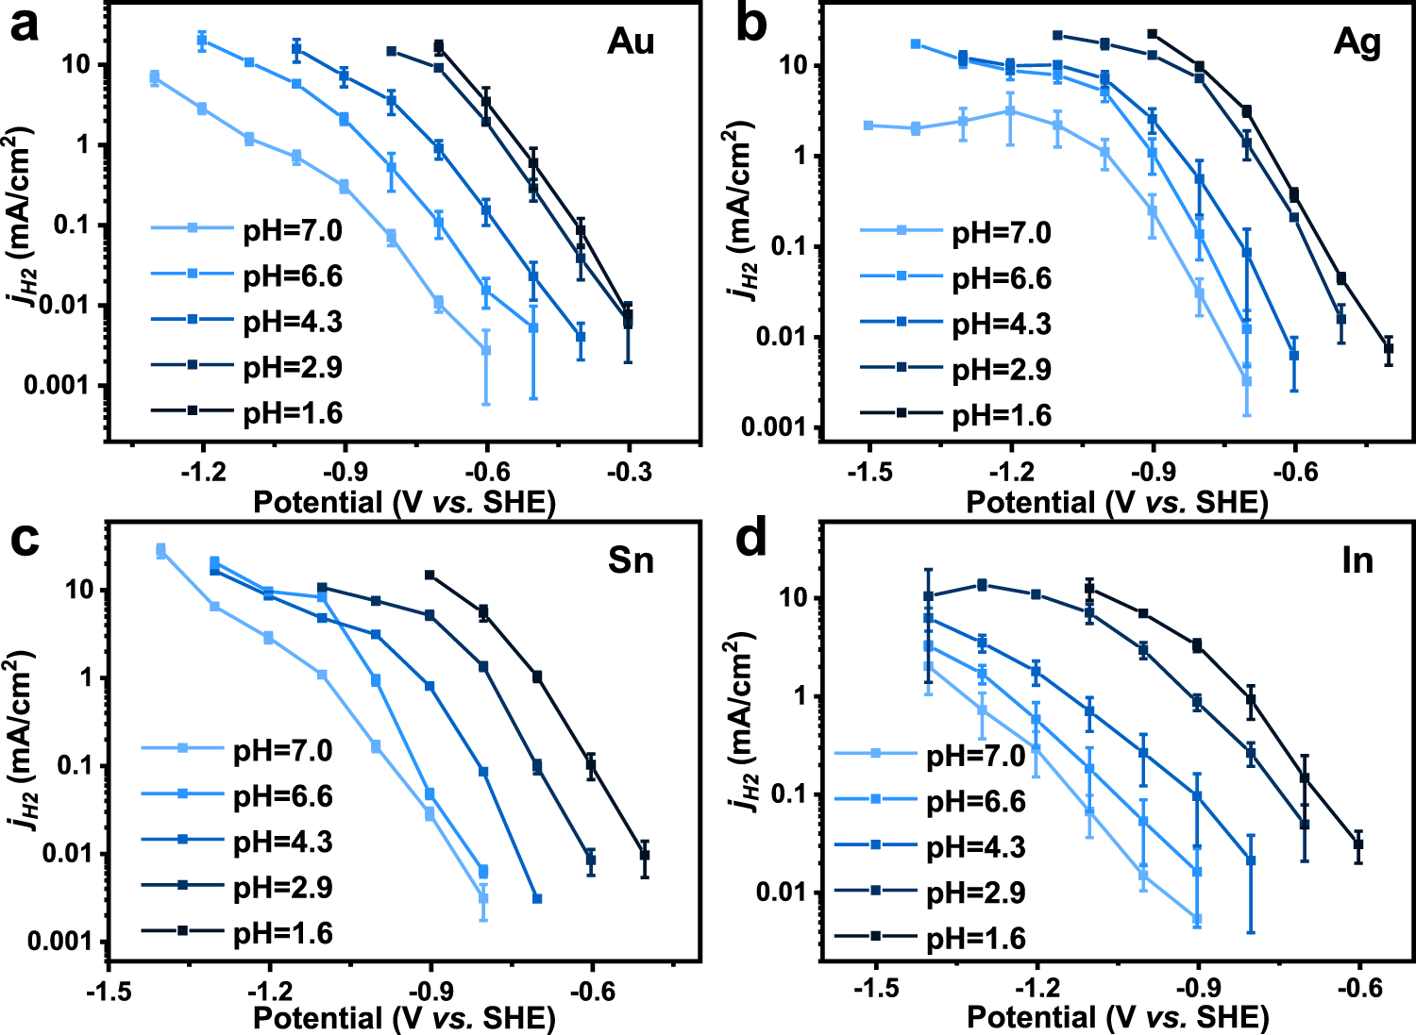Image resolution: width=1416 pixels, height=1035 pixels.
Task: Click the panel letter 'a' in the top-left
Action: click(x=25, y=26)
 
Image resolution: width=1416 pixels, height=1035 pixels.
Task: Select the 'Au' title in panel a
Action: click(x=631, y=42)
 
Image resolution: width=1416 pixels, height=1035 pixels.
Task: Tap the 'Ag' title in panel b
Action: click(x=1357, y=42)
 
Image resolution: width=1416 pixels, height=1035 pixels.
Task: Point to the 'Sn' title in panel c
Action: click(x=631, y=560)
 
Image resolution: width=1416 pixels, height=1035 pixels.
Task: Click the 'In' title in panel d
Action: click(x=1357, y=560)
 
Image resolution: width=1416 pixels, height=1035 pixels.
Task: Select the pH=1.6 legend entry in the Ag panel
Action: click(x=1001, y=415)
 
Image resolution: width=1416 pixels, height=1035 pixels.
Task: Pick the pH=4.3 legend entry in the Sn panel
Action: click(x=282, y=842)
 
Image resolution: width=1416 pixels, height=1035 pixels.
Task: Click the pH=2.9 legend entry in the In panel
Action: click(x=975, y=893)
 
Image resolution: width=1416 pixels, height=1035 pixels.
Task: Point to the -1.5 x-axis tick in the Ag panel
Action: click(x=868, y=471)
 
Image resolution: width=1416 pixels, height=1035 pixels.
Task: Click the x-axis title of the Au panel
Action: click(x=404, y=502)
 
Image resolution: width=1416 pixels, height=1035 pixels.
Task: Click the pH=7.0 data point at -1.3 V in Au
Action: click(x=155, y=78)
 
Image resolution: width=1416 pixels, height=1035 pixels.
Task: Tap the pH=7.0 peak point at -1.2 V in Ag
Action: click(x=1010, y=111)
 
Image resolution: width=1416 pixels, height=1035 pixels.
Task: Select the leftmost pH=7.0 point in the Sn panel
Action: click(x=160, y=551)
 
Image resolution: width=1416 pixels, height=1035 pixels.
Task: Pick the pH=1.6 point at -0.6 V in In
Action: click(x=1359, y=844)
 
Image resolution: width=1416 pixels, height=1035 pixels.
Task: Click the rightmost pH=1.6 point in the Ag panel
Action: click(x=1389, y=349)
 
